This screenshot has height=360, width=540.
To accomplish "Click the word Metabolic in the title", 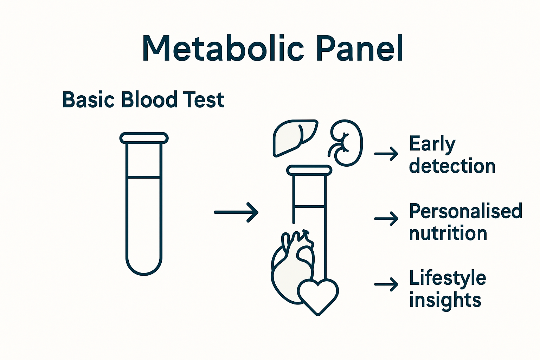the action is [x=223, y=49].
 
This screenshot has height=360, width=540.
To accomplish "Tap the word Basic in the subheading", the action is [x=88, y=99].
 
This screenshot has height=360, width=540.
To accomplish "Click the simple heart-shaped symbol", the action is [x=318, y=297].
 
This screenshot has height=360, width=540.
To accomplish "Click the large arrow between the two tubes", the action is [x=236, y=212].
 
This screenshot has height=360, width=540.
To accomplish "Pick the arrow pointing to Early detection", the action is [x=386, y=154].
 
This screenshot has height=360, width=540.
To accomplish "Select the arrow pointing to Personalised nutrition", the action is [x=386, y=218].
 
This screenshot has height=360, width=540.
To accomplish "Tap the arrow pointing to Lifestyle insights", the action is [x=386, y=284].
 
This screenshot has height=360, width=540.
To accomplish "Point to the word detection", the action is [x=452, y=166].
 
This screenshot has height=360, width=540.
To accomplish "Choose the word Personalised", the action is [x=466, y=211].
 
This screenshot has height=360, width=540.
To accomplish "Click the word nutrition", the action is [x=448, y=233].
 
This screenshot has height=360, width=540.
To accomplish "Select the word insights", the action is [x=445, y=300].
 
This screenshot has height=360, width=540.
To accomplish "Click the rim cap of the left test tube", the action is [x=144, y=138].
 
